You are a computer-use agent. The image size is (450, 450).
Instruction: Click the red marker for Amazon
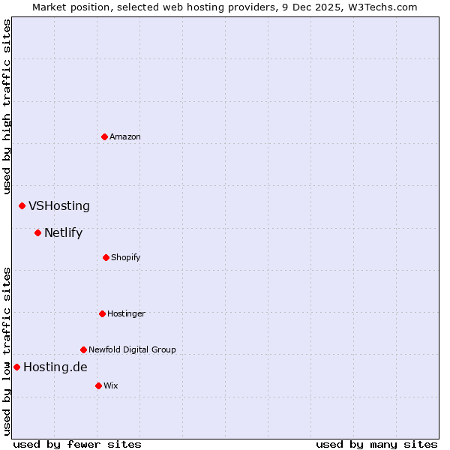pos(105,136)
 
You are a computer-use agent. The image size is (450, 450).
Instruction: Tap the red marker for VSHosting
pos(22,205)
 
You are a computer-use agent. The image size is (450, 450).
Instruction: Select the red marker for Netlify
pos(37,232)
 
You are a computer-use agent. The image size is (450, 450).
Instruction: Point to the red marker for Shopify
pos(106,257)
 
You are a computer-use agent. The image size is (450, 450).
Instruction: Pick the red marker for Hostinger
pos(102,313)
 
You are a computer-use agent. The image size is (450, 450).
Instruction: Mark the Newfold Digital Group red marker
pos(83,349)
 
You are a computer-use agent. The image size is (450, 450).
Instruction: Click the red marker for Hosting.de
pos(16,367)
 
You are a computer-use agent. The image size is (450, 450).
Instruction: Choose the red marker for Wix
pos(98,385)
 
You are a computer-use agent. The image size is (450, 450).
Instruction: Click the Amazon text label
pos(125,136)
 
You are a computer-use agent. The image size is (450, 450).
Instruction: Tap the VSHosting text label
pos(59,205)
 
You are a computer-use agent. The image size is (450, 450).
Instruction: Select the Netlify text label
pos(63,232)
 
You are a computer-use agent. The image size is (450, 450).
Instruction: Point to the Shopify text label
pos(126,257)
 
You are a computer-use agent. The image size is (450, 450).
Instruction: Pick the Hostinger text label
pos(126,313)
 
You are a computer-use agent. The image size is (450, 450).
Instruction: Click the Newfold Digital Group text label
pos(132,349)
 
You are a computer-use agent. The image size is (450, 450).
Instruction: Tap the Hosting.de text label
pos(55,367)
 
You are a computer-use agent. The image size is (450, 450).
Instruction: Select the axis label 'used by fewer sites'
pos(77,444)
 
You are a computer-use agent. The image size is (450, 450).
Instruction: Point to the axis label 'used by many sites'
pos(376,444)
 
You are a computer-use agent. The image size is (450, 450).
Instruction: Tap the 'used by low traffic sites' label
pos(7,351)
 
